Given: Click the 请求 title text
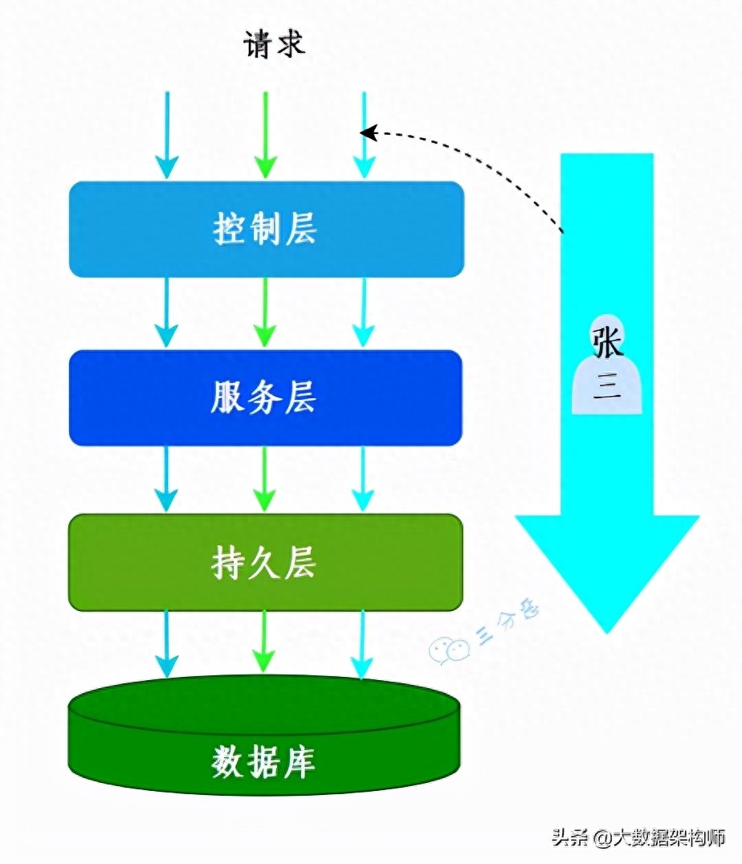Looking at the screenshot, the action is pyautogui.click(x=274, y=43).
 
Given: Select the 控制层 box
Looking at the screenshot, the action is pyautogui.click(x=267, y=229).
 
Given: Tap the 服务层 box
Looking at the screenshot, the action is pyautogui.click(x=265, y=397).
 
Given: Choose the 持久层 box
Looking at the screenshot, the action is pyautogui.click(x=265, y=563).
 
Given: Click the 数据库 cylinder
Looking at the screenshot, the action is pyautogui.click(x=264, y=735).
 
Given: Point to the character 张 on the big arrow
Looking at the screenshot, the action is pyautogui.click(x=607, y=341).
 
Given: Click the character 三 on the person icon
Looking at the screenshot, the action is pyautogui.click(x=607, y=386).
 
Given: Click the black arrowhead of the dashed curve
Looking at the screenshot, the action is pyautogui.click(x=369, y=132).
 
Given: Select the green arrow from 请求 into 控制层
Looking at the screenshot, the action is pyautogui.click(x=265, y=135).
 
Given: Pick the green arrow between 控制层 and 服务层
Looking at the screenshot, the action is pyautogui.click(x=265, y=312).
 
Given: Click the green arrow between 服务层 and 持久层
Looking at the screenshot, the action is pyautogui.click(x=265, y=479).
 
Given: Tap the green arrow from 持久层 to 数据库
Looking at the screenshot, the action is pyautogui.click(x=264, y=642).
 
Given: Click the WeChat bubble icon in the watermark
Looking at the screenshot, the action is pyautogui.click(x=449, y=650).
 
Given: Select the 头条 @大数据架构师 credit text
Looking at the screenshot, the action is pyautogui.click(x=639, y=838).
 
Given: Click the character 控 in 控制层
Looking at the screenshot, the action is pyautogui.click(x=230, y=229).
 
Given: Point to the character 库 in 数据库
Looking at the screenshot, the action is pyautogui.click(x=300, y=763).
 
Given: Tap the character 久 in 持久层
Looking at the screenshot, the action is pyautogui.click(x=264, y=563).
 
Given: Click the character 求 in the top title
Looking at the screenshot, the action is pyautogui.click(x=291, y=43).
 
